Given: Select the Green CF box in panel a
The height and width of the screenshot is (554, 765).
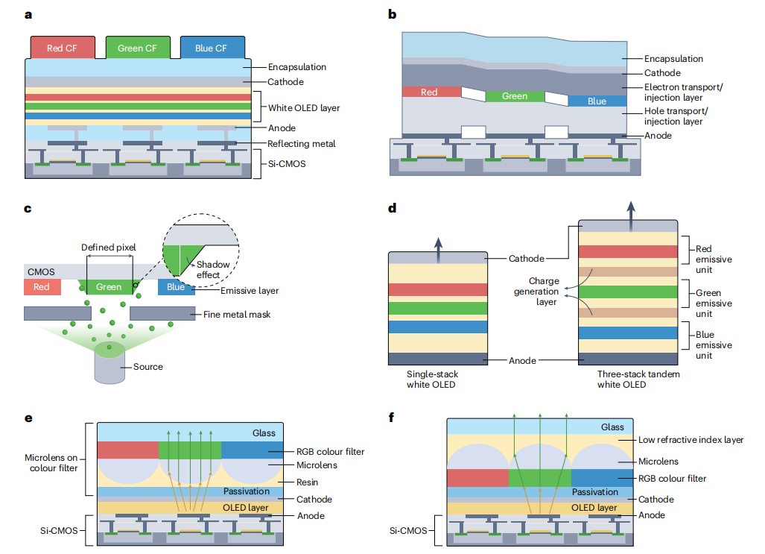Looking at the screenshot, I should pyautogui.click(x=138, y=48).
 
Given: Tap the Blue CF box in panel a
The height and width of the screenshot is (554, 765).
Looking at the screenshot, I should pyautogui.click(x=211, y=48).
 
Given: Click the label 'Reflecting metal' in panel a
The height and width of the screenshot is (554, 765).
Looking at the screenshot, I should pyautogui.click(x=302, y=144).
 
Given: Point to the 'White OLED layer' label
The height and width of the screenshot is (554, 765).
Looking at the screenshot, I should pyautogui.click(x=304, y=108).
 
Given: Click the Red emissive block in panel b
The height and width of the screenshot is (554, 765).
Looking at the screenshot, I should pyautogui.click(x=430, y=92).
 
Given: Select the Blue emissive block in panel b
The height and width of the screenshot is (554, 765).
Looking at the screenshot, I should pyautogui.click(x=597, y=101).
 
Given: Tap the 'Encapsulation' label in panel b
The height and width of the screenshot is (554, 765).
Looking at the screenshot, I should pyautogui.click(x=673, y=59).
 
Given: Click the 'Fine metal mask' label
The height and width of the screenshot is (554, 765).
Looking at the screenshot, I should pyautogui.click(x=237, y=315).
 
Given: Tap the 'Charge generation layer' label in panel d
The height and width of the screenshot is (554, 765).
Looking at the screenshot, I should pyautogui.click(x=536, y=292).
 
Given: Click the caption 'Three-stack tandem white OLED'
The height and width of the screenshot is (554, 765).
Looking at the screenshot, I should pyautogui.click(x=628, y=380).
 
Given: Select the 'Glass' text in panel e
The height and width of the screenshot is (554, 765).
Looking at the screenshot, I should pyautogui.click(x=264, y=432).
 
